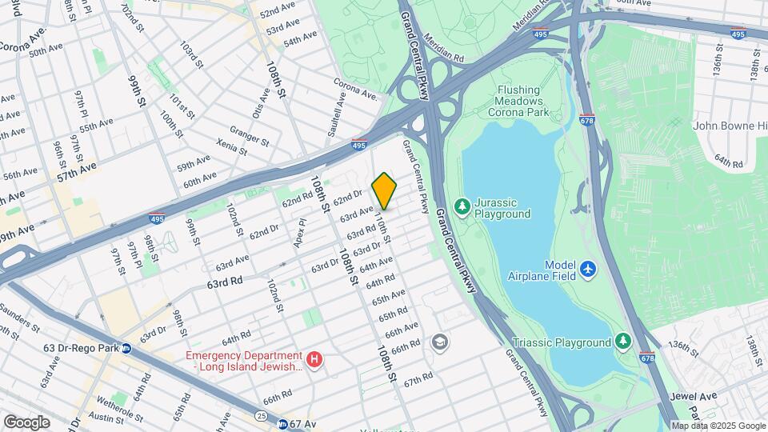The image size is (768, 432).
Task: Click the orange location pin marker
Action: pyautogui.click(x=384, y=190)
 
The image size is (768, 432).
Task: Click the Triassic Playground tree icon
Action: pyautogui.click(x=622, y=342)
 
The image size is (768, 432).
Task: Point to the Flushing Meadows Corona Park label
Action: pyautogui.click(x=518, y=102)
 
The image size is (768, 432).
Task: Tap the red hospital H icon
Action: pyautogui.click(x=314, y=360)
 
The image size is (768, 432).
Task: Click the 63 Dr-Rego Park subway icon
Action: pyautogui.click(x=126, y=348)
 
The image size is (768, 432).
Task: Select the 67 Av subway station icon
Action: pyautogui.click(x=283, y=423)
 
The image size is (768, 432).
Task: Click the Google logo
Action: pyautogui.click(x=26, y=422)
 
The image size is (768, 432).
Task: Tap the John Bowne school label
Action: pyautogui.click(x=729, y=126)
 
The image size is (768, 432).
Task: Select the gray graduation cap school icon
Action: pyautogui.click(x=438, y=342)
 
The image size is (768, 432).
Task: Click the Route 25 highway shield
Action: pyautogui.click(x=262, y=416)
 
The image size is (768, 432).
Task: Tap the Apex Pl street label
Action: pyautogui.click(x=301, y=234)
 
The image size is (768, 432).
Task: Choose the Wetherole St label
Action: pyautogui.click(x=118, y=400)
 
